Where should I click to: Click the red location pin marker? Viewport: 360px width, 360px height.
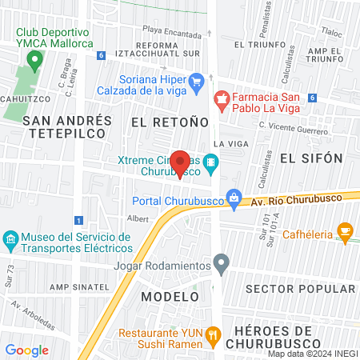(x=181, y=162)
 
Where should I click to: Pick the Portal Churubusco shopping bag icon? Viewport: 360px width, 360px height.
(x=234, y=196)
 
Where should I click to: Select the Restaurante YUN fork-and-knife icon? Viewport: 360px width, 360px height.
(x=213, y=336)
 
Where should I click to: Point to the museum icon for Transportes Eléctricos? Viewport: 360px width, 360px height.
(x=10, y=239)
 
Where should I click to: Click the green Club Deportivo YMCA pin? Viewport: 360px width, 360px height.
(x=34, y=60)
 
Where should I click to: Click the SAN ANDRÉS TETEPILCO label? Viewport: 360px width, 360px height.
(x=67, y=127)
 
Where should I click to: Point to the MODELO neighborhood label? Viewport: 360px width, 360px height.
(x=169, y=296)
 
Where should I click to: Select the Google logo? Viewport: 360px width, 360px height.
(x=26, y=350)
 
